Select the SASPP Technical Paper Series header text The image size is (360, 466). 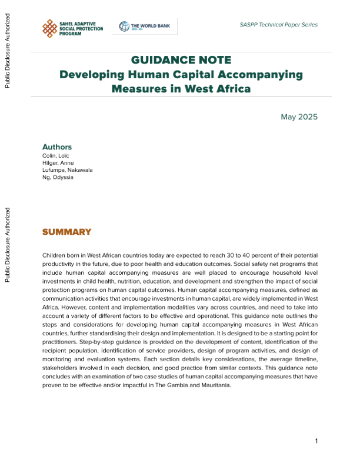279,25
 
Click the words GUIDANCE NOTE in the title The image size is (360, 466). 181,61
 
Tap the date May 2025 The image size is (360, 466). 299,116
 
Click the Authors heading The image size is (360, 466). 57,147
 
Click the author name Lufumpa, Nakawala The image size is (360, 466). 68,170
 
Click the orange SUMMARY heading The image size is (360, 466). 67,232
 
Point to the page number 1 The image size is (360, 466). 316,441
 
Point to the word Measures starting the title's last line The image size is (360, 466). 137,89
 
